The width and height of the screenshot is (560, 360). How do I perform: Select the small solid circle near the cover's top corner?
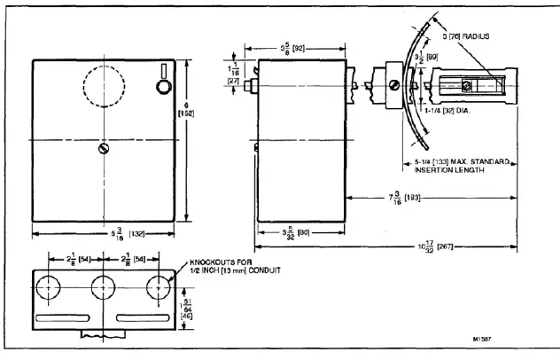coord(160,87)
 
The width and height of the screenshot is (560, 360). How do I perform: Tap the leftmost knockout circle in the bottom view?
coord(49,287)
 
